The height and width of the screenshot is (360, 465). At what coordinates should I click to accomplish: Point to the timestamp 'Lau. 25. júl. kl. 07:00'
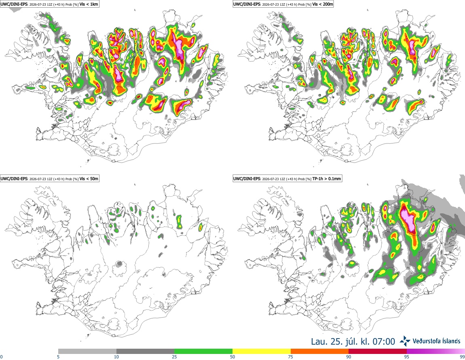point(353,341)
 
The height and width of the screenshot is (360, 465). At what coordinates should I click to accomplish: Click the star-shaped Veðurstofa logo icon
point(405,341)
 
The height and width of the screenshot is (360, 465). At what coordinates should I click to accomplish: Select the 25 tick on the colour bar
point(174,357)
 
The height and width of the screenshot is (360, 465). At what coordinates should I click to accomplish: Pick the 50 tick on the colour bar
point(232,357)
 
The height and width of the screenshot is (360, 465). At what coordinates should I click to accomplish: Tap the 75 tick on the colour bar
point(291,357)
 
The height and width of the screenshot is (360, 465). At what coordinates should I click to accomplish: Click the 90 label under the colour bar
point(349,357)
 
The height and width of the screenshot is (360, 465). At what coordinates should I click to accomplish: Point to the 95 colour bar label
point(407,357)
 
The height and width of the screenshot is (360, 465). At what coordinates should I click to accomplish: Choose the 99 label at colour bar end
point(462,357)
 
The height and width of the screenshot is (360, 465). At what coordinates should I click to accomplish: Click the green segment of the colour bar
point(203,351)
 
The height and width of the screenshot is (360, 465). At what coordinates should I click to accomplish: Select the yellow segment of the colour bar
point(262,351)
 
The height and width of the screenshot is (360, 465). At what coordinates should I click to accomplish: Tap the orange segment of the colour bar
point(319,351)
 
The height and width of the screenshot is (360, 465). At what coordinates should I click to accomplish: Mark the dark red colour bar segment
point(378,351)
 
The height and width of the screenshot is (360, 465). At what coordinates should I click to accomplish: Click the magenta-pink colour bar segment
point(435,351)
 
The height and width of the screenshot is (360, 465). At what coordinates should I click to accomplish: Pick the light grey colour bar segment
point(87,351)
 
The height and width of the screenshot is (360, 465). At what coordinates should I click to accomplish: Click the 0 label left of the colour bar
point(1,357)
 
